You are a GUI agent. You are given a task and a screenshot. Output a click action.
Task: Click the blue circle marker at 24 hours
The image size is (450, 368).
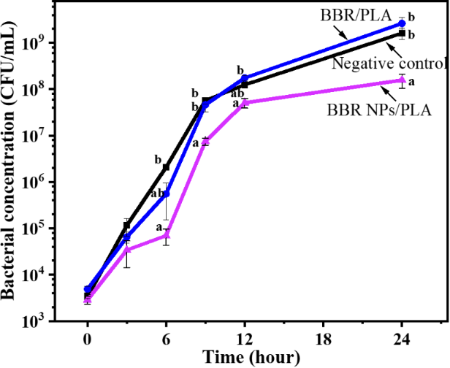click(x=402, y=23)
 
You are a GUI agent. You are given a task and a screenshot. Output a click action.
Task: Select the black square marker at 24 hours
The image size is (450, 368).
click(x=402, y=34)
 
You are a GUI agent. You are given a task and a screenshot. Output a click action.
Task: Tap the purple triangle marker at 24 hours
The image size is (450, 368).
click(x=402, y=80)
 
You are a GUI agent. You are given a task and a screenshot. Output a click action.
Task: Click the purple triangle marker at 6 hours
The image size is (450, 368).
click(x=167, y=235)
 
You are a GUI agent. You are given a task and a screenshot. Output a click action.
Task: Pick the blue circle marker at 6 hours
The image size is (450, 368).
click(x=167, y=193)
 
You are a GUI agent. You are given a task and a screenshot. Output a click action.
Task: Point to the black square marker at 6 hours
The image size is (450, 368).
click(x=167, y=167)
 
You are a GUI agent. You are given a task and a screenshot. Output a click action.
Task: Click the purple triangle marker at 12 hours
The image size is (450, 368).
click(x=245, y=103)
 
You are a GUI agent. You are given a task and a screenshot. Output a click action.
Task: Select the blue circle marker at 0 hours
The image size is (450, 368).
click(x=88, y=289)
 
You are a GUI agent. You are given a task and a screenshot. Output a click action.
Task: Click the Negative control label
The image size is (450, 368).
click(x=389, y=63)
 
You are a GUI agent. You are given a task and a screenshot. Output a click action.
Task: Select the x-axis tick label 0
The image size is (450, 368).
click(x=88, y=339)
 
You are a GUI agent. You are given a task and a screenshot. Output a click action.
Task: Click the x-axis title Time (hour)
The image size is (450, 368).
click(x=245, y=358)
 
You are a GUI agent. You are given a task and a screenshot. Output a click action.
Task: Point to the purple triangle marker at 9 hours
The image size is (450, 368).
click(x=205, y=140)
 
